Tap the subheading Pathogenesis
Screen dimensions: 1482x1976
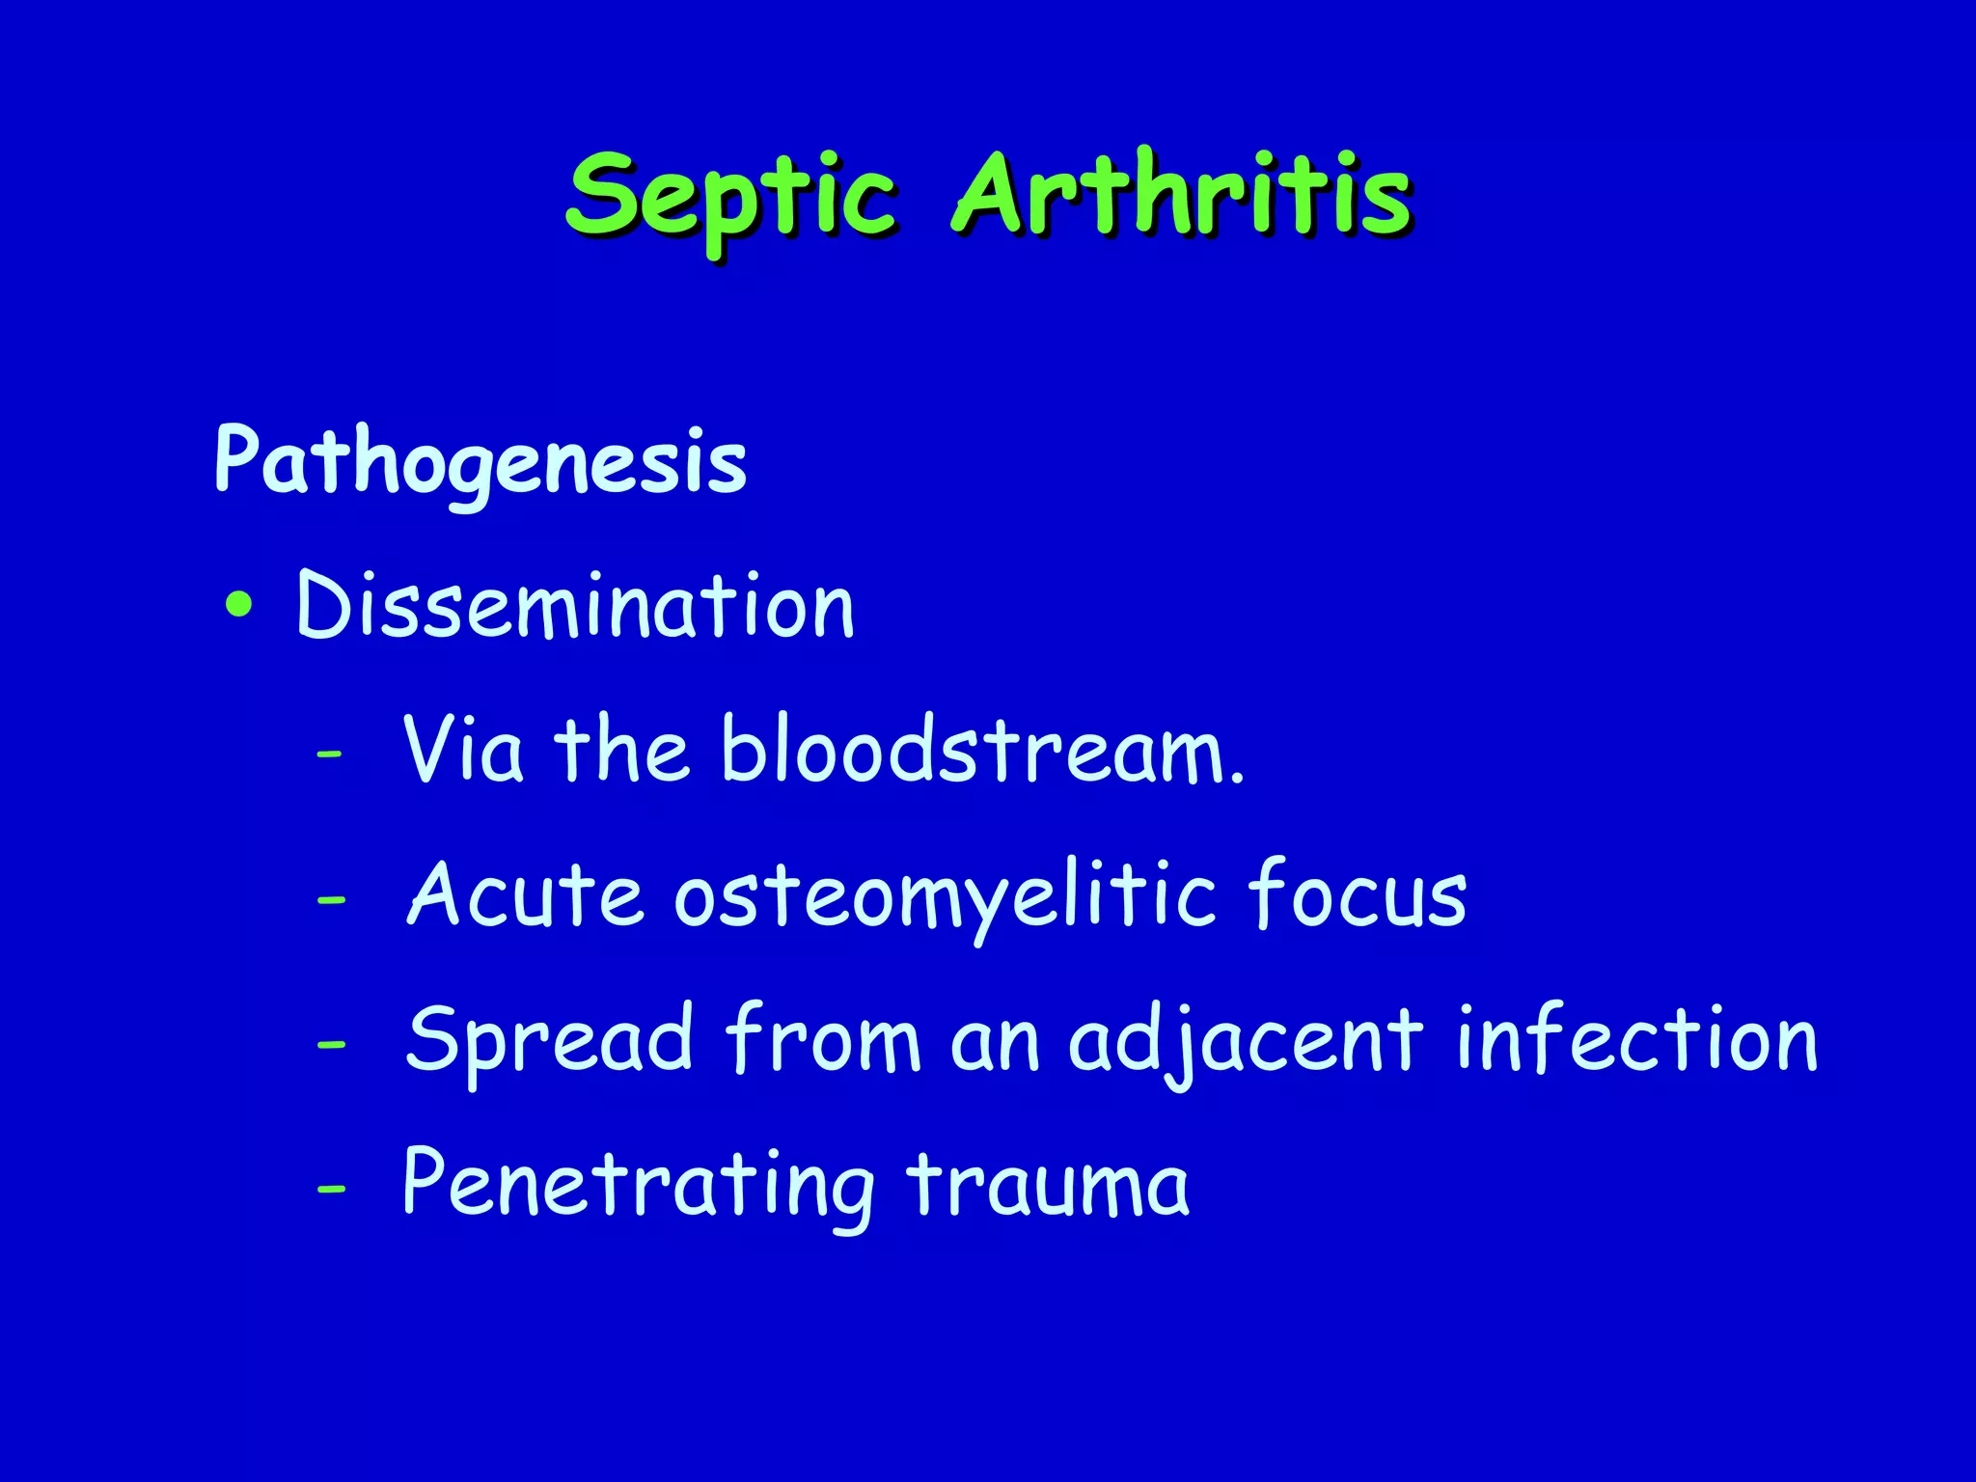(x=480, y=461)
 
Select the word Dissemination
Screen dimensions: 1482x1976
(x=575, y=606)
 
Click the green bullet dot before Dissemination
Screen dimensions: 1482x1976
(x=238, y=606)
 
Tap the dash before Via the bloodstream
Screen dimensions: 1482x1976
(x=329, y=755)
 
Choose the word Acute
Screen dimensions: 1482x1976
(x=525, y=894)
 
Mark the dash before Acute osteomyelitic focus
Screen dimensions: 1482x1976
(x=330, y=900)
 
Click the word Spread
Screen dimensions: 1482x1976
(x=549, y=1041)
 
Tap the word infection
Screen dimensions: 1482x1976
(x=1636, y=1039)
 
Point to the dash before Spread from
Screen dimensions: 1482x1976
(x=330, y=1045)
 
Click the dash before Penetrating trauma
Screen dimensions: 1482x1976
(x=330, y=1190)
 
